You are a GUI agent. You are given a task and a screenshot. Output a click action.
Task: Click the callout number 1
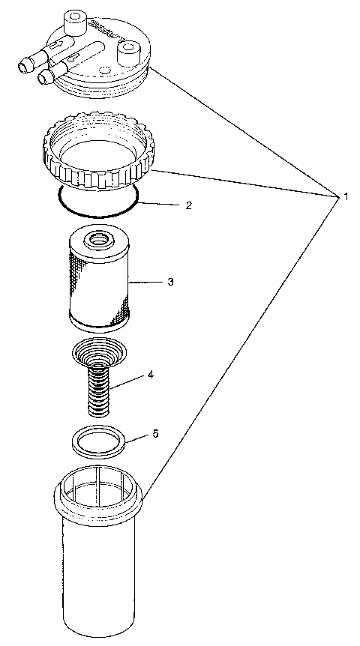346,196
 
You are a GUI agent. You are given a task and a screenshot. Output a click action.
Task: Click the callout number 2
190,205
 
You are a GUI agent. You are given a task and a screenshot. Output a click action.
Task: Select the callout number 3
171,282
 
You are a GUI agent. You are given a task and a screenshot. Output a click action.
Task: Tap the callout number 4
151,374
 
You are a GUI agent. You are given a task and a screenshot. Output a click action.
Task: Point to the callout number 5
155,434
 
